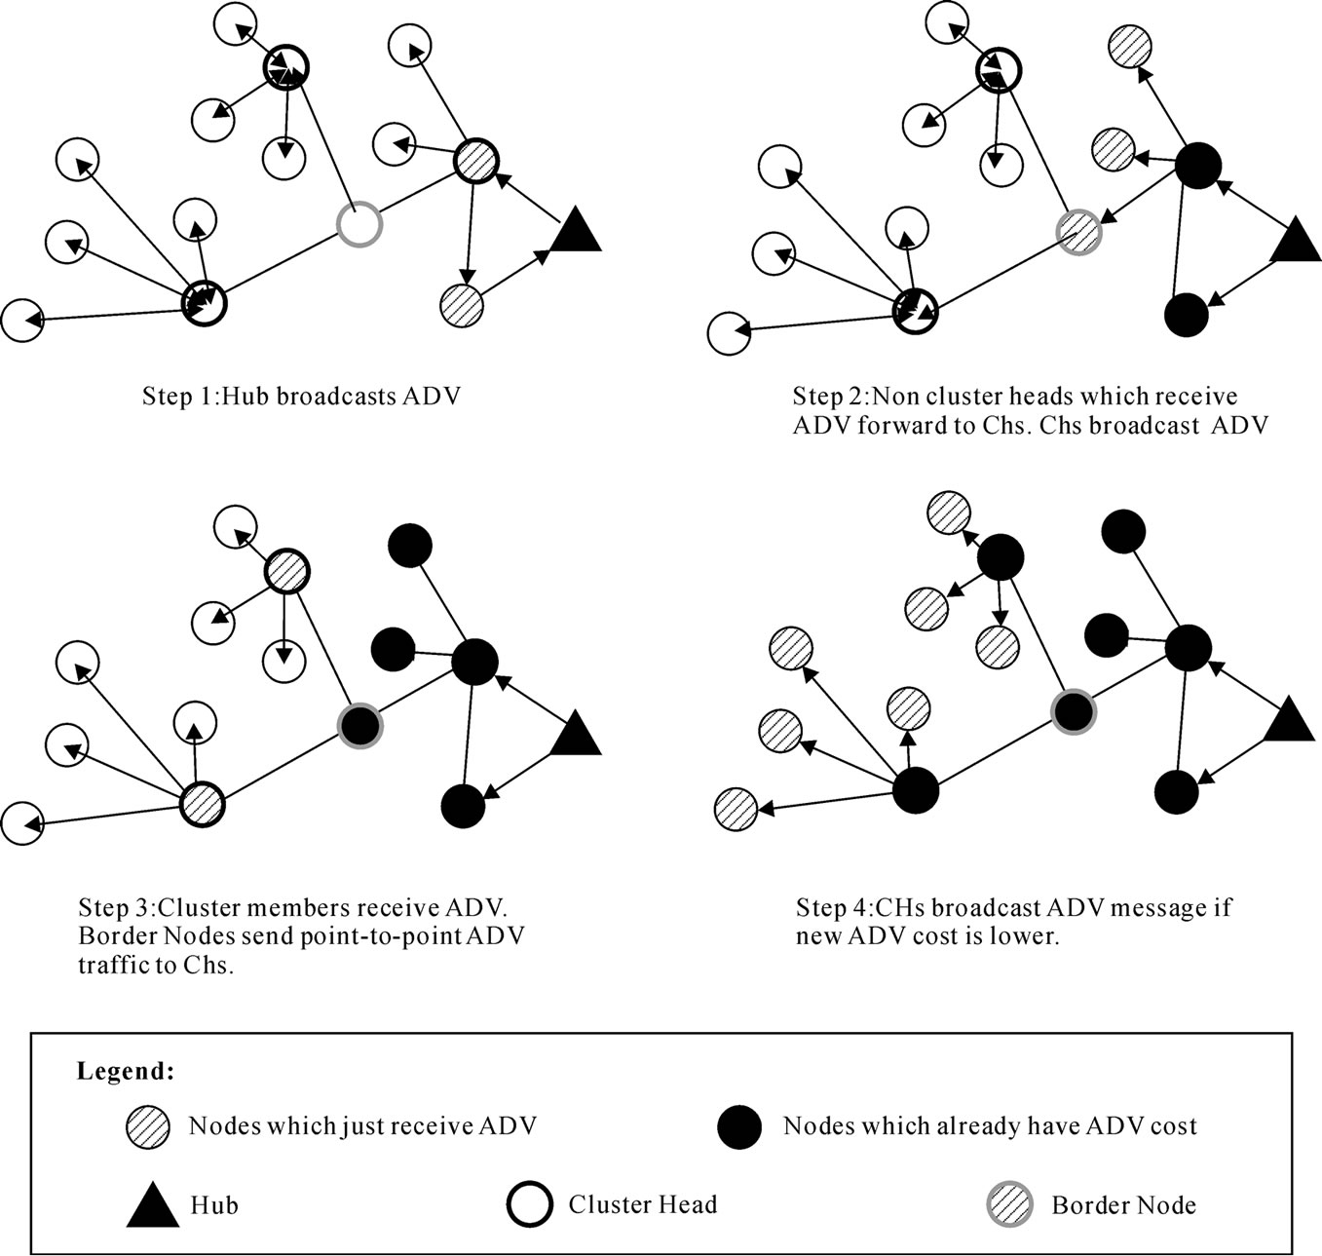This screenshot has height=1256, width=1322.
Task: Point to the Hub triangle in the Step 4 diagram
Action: coord(1289,722)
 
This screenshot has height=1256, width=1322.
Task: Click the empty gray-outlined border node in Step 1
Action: coord(359,224)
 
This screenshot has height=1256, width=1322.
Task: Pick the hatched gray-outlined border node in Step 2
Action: coord(1079,231)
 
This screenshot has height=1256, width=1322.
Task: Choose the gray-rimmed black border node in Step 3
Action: coord(359,725)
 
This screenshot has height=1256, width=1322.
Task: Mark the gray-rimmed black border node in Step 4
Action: coord(1074,711)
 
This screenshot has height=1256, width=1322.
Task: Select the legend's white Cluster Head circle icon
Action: coord(529,1204)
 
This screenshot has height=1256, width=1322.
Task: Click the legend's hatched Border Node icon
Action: coord(1010,1204)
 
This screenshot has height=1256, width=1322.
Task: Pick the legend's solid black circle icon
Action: coord(739,1127)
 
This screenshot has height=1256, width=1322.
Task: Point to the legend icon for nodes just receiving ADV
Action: coord(147,1127)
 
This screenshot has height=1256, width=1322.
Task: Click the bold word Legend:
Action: coord(126,1072)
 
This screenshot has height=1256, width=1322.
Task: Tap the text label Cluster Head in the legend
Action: coord(642,1204)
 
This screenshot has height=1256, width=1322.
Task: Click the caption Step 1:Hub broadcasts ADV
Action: coord(300,396)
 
